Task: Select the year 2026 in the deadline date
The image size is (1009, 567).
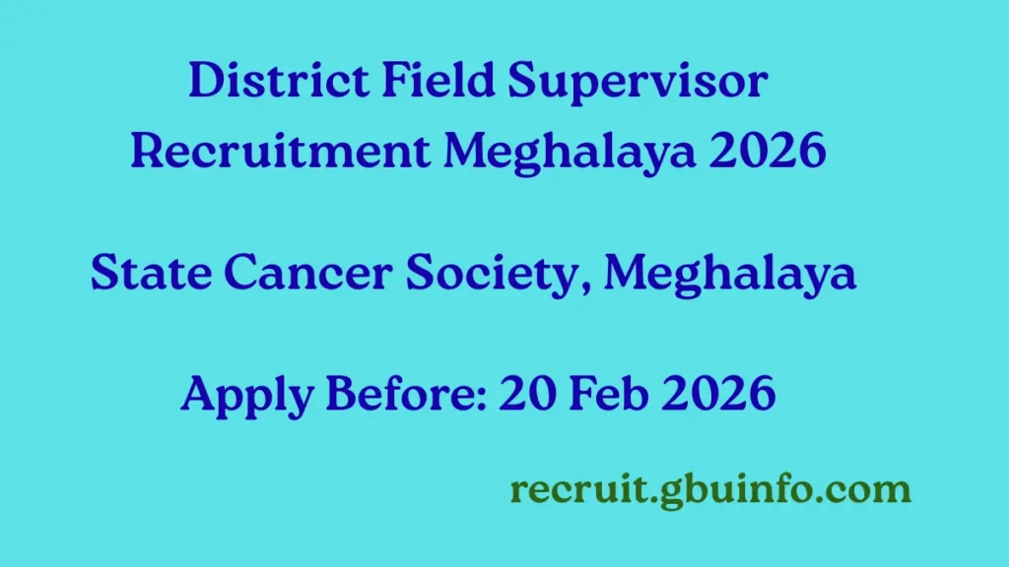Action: pyautogui.click(x=719, y=395)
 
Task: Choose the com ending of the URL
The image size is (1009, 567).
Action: pyautogui.click(x=874, y=489)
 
